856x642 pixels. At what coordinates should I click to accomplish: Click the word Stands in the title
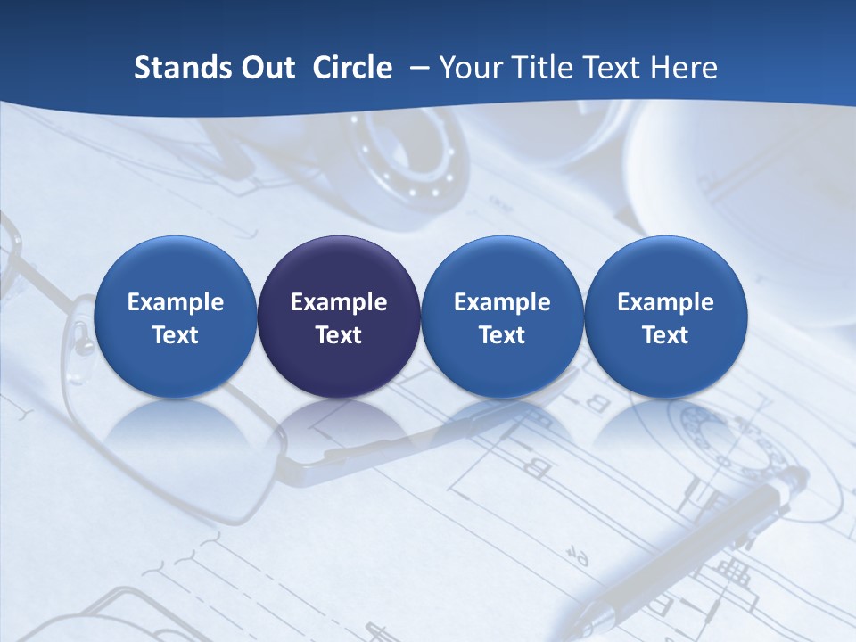click(177, 68)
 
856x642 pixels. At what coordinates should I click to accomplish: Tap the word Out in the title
click(265, 68)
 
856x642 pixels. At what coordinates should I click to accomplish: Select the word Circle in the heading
click(352, 68)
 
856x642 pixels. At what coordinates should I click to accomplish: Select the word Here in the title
click(685, 68)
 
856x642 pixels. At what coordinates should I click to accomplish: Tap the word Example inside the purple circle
click(339, 302)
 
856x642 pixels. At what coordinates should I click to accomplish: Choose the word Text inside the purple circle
click(339, 335)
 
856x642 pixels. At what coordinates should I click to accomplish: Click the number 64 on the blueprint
click(579, 558)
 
